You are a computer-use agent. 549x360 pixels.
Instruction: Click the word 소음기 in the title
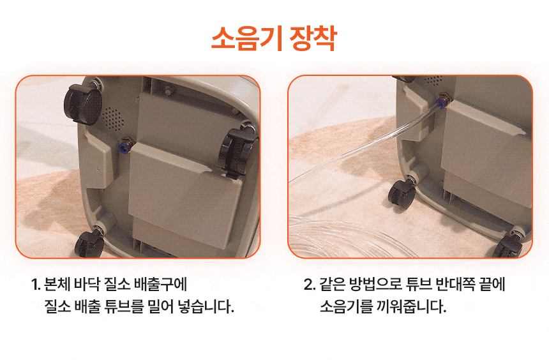pyautogui.click(x=247, y=38)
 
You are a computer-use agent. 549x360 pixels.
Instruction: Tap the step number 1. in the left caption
pyautogui.click(x=36, y=284)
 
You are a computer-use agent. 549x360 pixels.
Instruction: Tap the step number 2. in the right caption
pyautogui.click(x=310, y=284)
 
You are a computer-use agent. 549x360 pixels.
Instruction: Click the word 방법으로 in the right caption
pyautogui.click(x=375, y=284)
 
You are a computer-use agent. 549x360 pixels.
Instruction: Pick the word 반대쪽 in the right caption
pyautogui.click(x=455, y=284)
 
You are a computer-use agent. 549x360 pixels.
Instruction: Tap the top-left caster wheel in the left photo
pyautogui.click(x=83, y=103)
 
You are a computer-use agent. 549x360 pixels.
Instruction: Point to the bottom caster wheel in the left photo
pyautogui.click(x=89, y=243)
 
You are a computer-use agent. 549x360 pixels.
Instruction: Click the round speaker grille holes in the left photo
pyautogui.click(x=114, y=117)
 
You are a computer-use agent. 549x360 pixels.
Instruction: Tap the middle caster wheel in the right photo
pyautogui.click(x=402, y=195)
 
